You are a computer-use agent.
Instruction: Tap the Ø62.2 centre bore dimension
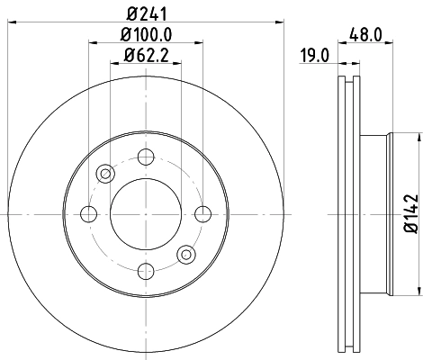(x=145, y=60)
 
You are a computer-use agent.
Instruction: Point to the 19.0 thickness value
(x=314, y=57)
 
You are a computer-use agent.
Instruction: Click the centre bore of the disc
(x=145, y=214)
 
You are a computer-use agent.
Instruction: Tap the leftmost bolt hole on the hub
(x=88, y=214)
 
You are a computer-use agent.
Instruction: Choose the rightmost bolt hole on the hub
(x=202, y=214)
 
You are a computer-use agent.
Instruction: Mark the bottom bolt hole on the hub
(x=145, y=271)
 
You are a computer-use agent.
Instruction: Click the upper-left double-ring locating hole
(x=105, y=174)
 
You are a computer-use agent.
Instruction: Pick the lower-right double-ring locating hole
(x=185, y=254)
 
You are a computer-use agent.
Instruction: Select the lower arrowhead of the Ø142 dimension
(x=418, y=290)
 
